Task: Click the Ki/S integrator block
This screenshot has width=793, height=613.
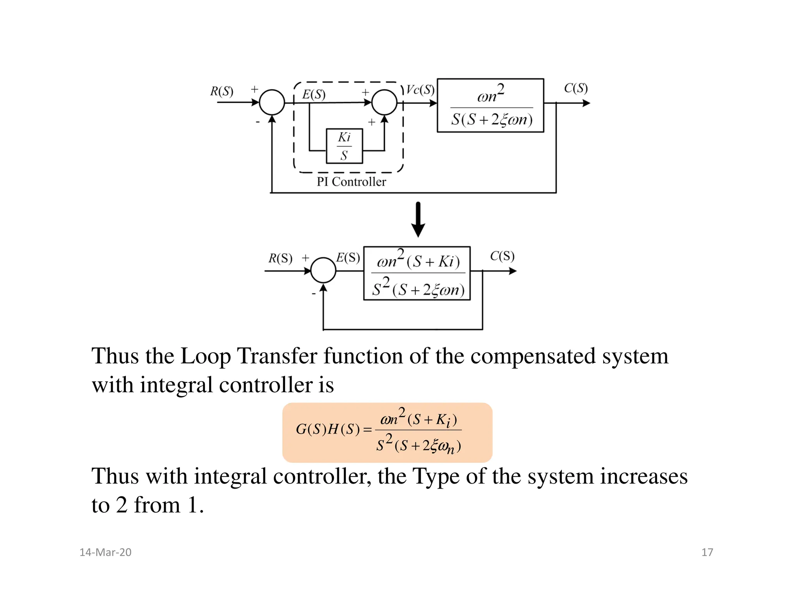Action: pyautogui.click(x=344, y=146)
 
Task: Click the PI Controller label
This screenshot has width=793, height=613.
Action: pyautogui.click(x=351, y=182)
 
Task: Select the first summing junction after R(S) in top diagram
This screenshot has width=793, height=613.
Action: pyautogui.click(x=272, y=102)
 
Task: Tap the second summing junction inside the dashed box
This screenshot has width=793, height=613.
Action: pyautogui.click(x=384, y=102)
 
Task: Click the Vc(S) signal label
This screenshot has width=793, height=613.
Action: pyautogui.click(x=420, y=90)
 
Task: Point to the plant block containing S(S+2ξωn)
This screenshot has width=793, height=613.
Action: pyautogui.click(x=490, y=105)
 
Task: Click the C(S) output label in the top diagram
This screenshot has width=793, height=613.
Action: pyautogui.click(x=576, y=88)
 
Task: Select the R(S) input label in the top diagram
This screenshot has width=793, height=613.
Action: pyautogui.click(x=221, y=91)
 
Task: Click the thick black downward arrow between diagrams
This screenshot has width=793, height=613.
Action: pyautogui.click(x=418, y=219)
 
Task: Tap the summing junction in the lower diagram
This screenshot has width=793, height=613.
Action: pyautogui.click(x=323, y=270)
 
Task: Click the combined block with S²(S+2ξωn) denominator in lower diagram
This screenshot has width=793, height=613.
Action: pyautogui.click(x=417, y=273)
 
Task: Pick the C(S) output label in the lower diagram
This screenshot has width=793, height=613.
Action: pyautogui.click(x=502, y=256)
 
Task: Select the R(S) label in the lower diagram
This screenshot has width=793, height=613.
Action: pyautogui.click(x=280, y=258)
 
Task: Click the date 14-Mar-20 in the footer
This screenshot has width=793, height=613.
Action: pyautogui.click(x=105, y=552)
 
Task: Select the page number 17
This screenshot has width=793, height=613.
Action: pyautogui.click(x=707, y=552)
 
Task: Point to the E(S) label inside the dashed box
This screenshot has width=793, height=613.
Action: pyautogui.click(x=314, y=95)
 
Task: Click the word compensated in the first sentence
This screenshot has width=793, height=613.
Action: pyautogui.click(x=532, y=356)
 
